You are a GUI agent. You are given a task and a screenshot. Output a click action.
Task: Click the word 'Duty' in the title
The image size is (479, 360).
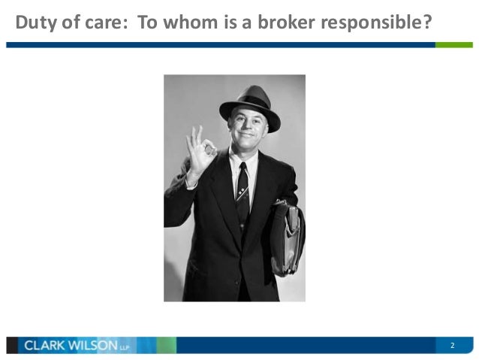35,23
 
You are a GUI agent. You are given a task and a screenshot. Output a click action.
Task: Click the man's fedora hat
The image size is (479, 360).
250,104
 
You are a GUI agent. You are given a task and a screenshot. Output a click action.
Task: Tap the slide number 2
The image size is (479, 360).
453,346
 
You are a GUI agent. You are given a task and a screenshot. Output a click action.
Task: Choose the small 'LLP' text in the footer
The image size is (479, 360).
124,347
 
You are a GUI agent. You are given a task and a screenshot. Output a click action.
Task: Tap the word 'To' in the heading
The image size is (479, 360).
147,23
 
